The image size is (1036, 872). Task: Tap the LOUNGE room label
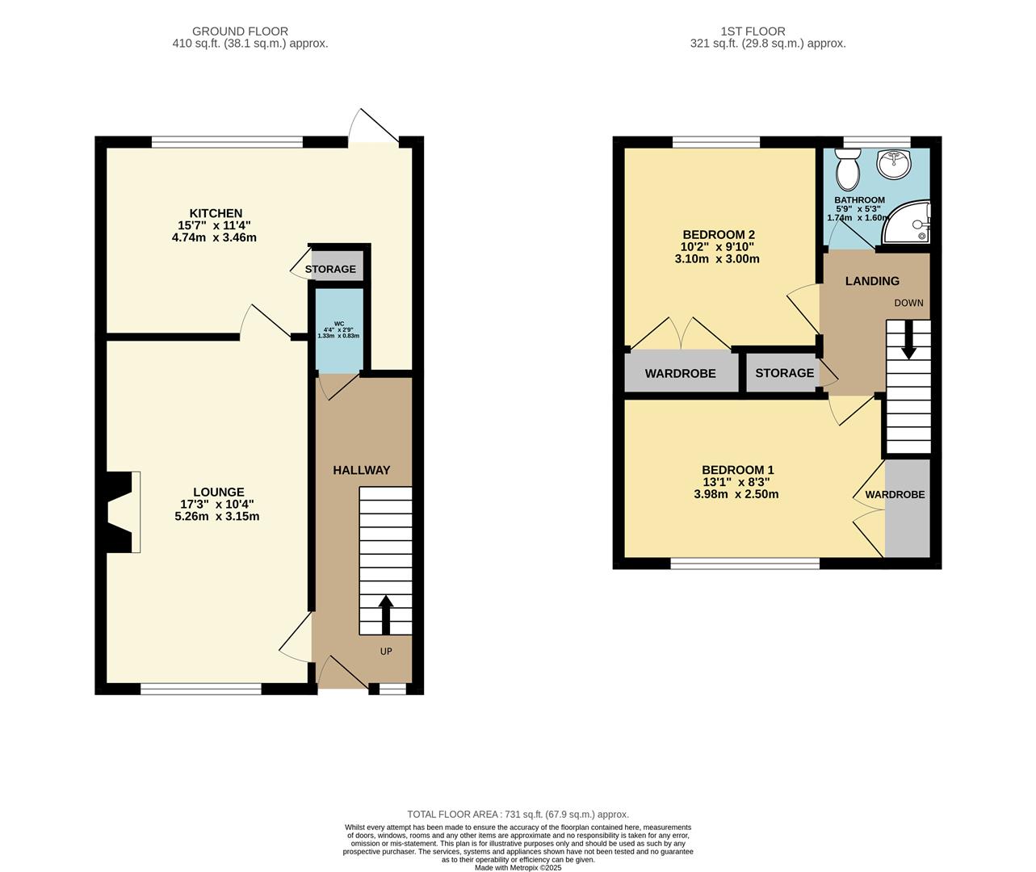click(x=218, y=492)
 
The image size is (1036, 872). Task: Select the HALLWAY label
click(x=362, y=470)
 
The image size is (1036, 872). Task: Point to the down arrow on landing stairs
click(x=908, y=341)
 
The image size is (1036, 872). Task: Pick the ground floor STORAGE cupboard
click(x=330, y=269)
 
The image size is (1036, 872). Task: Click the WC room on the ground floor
click(x=338, y=332)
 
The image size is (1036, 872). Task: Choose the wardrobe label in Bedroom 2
click(x=680, y=374)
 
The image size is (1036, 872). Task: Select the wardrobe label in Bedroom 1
click(x=895, y=494)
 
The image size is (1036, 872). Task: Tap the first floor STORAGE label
click(x=784, y=373)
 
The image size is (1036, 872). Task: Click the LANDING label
click(x=872, y=281)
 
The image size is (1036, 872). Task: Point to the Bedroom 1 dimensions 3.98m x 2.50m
click(x=736, y=494)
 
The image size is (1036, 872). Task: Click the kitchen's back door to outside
click(x=373, y=129)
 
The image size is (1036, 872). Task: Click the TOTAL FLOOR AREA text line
click(x=518, y=815)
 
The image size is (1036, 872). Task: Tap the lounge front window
click(x=200, y=689)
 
